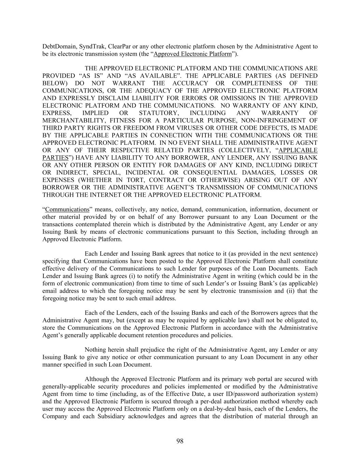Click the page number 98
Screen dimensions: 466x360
click(180, 441)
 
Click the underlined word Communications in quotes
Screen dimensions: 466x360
click(67, 210)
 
